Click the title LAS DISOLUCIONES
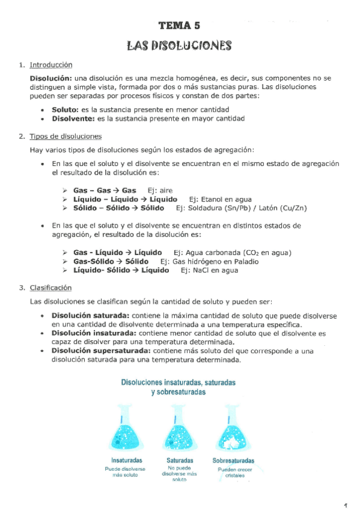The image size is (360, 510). tap(179, 46)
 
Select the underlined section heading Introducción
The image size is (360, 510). tap(51, 65)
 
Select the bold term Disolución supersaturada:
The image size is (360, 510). tap(102, 350)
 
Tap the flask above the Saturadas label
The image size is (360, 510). tap(178, 431)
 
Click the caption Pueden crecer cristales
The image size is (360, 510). tap(231, 472)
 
